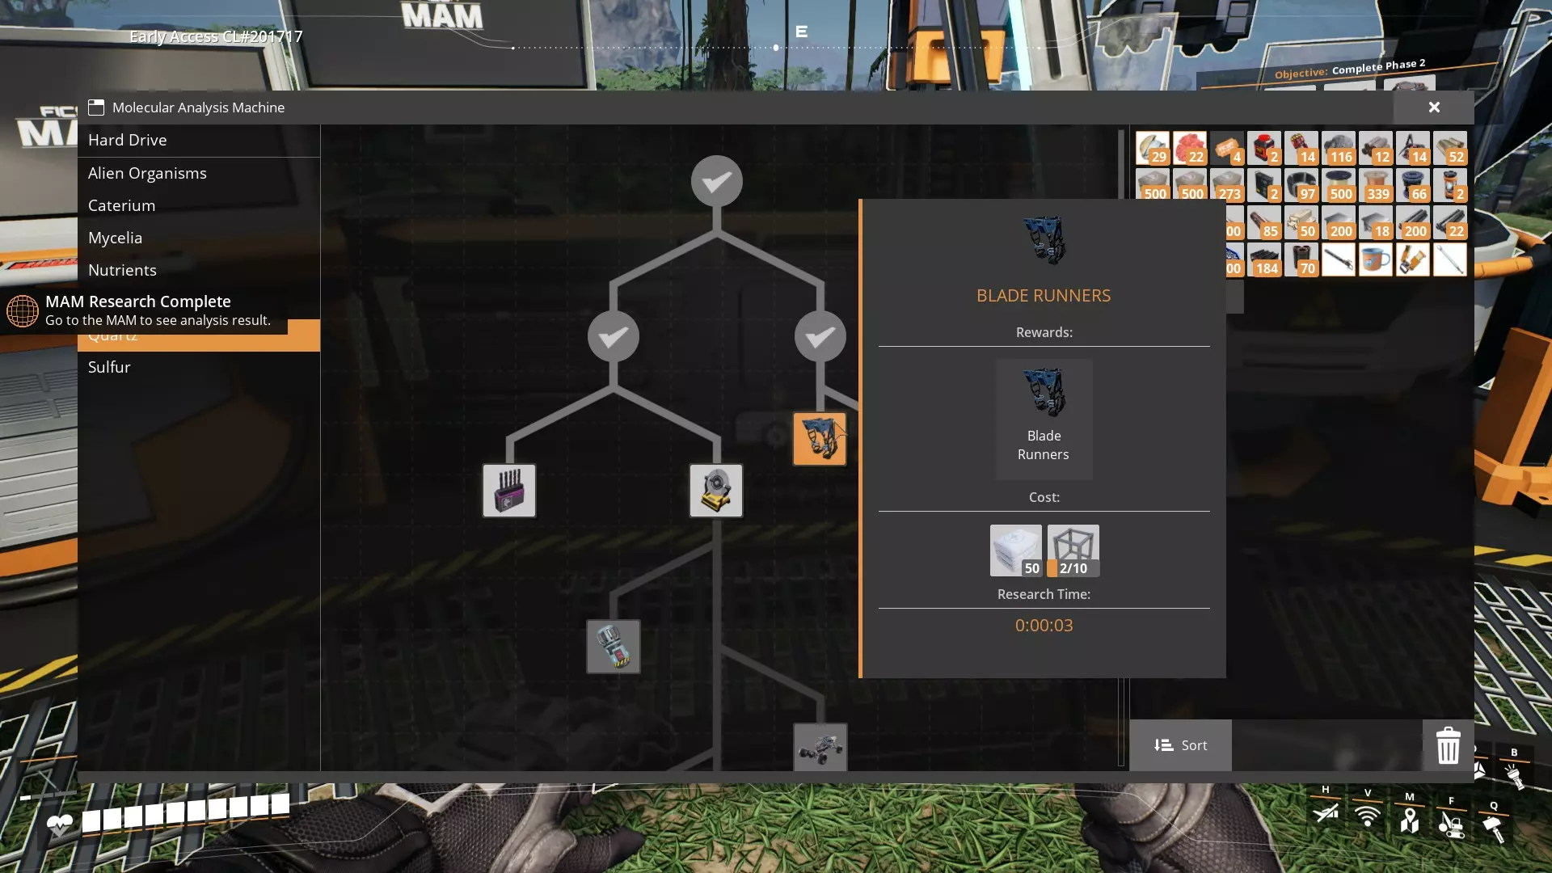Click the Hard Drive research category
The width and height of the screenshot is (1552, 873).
[x=128, y=140]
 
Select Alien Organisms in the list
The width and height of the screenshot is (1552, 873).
[x=147, y=173]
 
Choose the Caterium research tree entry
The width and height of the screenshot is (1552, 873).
[x=121, y=205]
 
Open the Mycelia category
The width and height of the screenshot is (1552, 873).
[x=115, y=238]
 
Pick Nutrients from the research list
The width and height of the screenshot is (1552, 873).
[x=122, y=270]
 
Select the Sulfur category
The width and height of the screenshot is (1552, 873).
[x=109, y=367]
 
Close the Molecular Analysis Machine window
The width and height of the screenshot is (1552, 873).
[x=1434, y=108]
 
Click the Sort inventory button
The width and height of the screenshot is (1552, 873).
[x=1180, y=745]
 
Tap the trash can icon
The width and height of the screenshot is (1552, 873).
[x=1448, y=745]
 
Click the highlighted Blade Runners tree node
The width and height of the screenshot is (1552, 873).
[x=820, y=439]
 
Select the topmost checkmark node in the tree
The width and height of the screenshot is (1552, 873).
[x=717, y=181]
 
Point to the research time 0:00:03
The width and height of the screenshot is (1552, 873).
[x=1044, y=625]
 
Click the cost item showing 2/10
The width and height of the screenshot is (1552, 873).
[x=1073, y=550]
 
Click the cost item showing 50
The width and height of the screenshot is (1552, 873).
[x=1015, y=550]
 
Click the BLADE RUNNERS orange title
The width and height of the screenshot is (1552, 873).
[x=1044, y=296]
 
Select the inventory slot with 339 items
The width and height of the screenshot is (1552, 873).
[x=1376, y=185]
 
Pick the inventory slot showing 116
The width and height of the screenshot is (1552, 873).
[x=1339, y=148]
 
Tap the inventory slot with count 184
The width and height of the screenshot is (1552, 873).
[x=1264, y=259]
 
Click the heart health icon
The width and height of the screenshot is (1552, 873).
[x=60, y=824]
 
